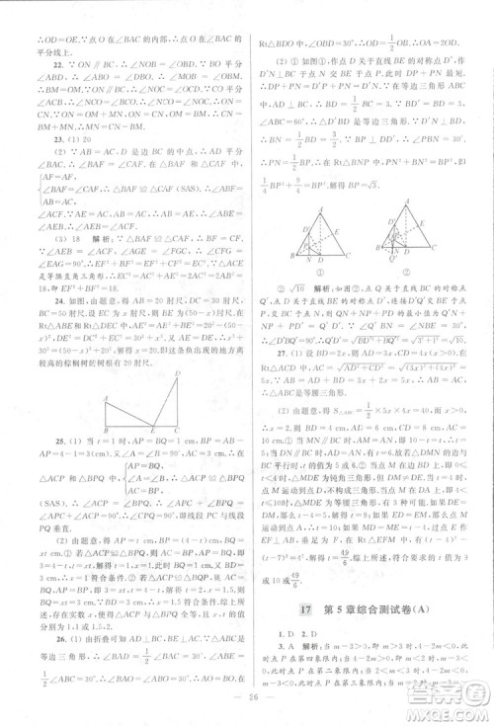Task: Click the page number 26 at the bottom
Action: (246, 708)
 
